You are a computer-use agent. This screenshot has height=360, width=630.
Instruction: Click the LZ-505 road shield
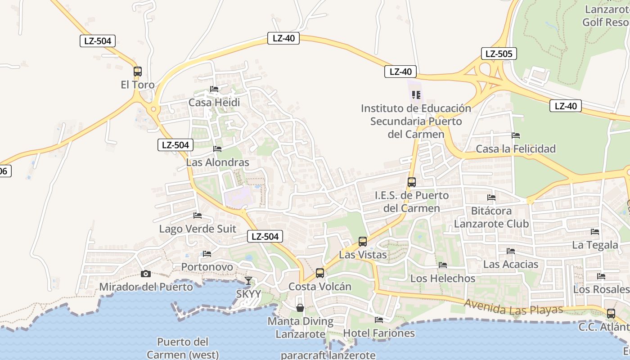[499, 54]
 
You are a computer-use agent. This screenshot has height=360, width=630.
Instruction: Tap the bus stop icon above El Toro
[138, 72]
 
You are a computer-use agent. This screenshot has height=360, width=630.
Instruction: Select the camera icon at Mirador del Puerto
[145, 274]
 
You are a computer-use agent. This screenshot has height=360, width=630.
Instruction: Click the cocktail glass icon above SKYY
[248, 281]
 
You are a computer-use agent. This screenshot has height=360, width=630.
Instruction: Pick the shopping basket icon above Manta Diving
[300, 308]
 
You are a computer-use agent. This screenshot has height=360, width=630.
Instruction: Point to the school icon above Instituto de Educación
[416, 95]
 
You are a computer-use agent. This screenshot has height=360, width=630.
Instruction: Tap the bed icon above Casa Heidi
[214, 89]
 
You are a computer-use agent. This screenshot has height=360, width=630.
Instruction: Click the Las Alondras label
[217, 162]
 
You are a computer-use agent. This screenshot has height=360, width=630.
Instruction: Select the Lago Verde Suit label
[198, 229]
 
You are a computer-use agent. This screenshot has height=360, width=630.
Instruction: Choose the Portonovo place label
[207, 267]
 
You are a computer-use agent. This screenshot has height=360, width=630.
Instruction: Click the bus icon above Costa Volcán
[320, 273]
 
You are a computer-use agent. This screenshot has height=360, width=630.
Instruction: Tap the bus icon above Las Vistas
[363, 242]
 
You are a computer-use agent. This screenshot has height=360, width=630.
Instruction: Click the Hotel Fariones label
[379, 333]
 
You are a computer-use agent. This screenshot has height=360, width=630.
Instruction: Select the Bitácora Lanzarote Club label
[491, 217]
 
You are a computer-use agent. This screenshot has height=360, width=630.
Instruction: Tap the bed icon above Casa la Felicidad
[516, 135]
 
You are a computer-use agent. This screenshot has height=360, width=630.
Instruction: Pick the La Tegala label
[595, 245]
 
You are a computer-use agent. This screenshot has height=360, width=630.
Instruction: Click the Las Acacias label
[511, 264]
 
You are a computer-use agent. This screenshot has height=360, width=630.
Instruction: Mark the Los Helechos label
[443, 279]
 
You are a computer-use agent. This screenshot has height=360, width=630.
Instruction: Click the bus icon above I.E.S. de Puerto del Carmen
[412, 182]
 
